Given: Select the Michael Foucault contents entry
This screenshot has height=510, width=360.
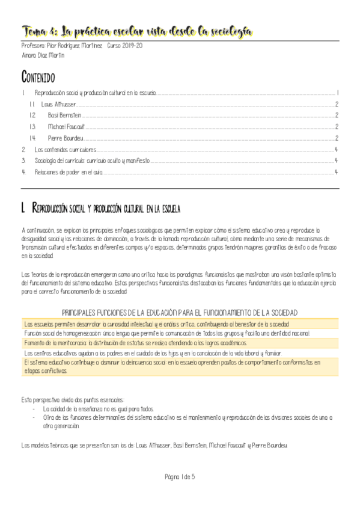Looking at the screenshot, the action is pyautogui.click(x=66, y=126).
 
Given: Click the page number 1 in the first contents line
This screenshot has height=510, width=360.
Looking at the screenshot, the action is pyautogui.click(x=338, y=93).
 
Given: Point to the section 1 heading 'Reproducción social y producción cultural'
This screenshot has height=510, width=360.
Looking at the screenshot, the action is pyautogui.click(x=106, y=209).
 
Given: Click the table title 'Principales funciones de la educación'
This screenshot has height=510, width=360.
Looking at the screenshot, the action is pyautogui.click(x=180, y=312).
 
